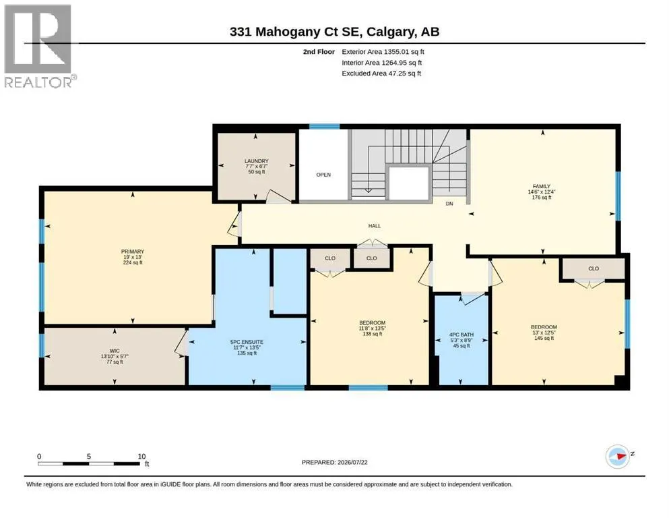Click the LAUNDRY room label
pos(257,161)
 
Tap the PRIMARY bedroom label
pos(133,252)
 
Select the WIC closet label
pos(115,351)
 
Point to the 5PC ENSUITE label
pos(247,342)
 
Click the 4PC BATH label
pos(461,335)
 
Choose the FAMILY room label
pos(542,186)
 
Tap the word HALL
pos(375,226)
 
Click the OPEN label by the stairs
pos(323,175)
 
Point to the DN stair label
pos(449,204)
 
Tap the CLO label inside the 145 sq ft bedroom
pos(594,268)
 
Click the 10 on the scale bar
pos(141,457)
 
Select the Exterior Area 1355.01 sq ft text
pos(383,52)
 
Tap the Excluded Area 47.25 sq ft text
pos(381,74)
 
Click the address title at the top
pos(334,32)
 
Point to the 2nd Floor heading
pos(319,52)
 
